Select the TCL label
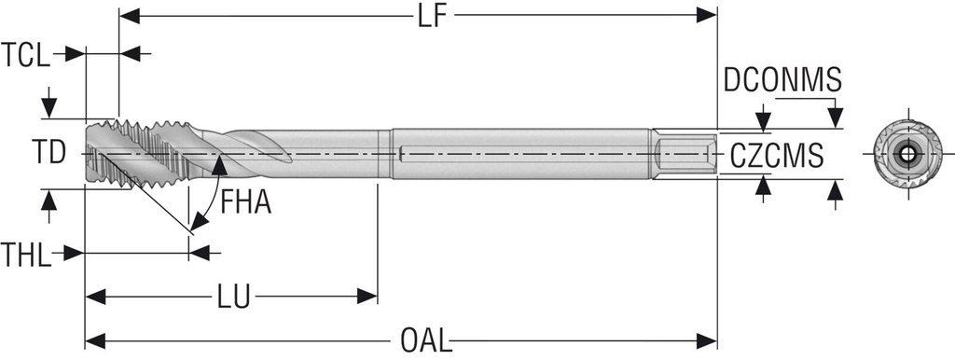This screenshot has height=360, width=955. tap(25, 55)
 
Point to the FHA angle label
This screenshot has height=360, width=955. tap(245, 201)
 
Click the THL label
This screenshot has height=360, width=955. tap(25, 254)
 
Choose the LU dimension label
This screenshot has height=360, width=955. tap(234, 297)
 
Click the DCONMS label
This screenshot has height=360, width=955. tap(782, 80)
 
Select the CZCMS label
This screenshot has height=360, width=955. tap(777, 156)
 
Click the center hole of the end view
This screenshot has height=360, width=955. tap(907, 154)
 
